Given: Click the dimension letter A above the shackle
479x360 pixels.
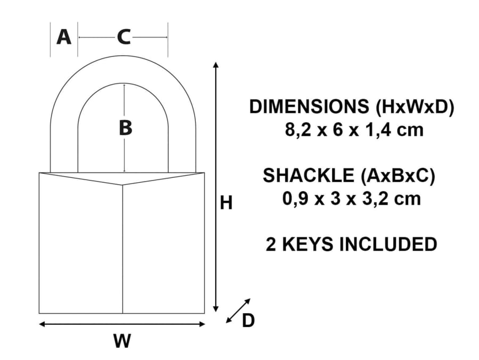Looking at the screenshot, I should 63,37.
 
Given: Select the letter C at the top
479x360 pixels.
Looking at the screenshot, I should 123,37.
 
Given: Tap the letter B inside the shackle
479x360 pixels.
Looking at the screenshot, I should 125,128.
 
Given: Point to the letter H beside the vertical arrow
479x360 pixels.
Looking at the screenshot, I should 226,203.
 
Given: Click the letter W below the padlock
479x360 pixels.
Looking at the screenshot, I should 122,341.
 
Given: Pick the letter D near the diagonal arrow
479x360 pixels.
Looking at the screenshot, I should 248,321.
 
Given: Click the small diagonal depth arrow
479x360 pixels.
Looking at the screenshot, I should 238,310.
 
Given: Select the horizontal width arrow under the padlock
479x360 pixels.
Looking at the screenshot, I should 122,324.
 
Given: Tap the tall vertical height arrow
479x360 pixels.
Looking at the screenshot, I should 216,186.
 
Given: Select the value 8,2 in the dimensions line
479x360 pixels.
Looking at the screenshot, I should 299,130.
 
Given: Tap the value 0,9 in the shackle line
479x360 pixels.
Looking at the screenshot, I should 296,199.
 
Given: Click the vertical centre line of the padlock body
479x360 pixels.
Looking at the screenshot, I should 123,250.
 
